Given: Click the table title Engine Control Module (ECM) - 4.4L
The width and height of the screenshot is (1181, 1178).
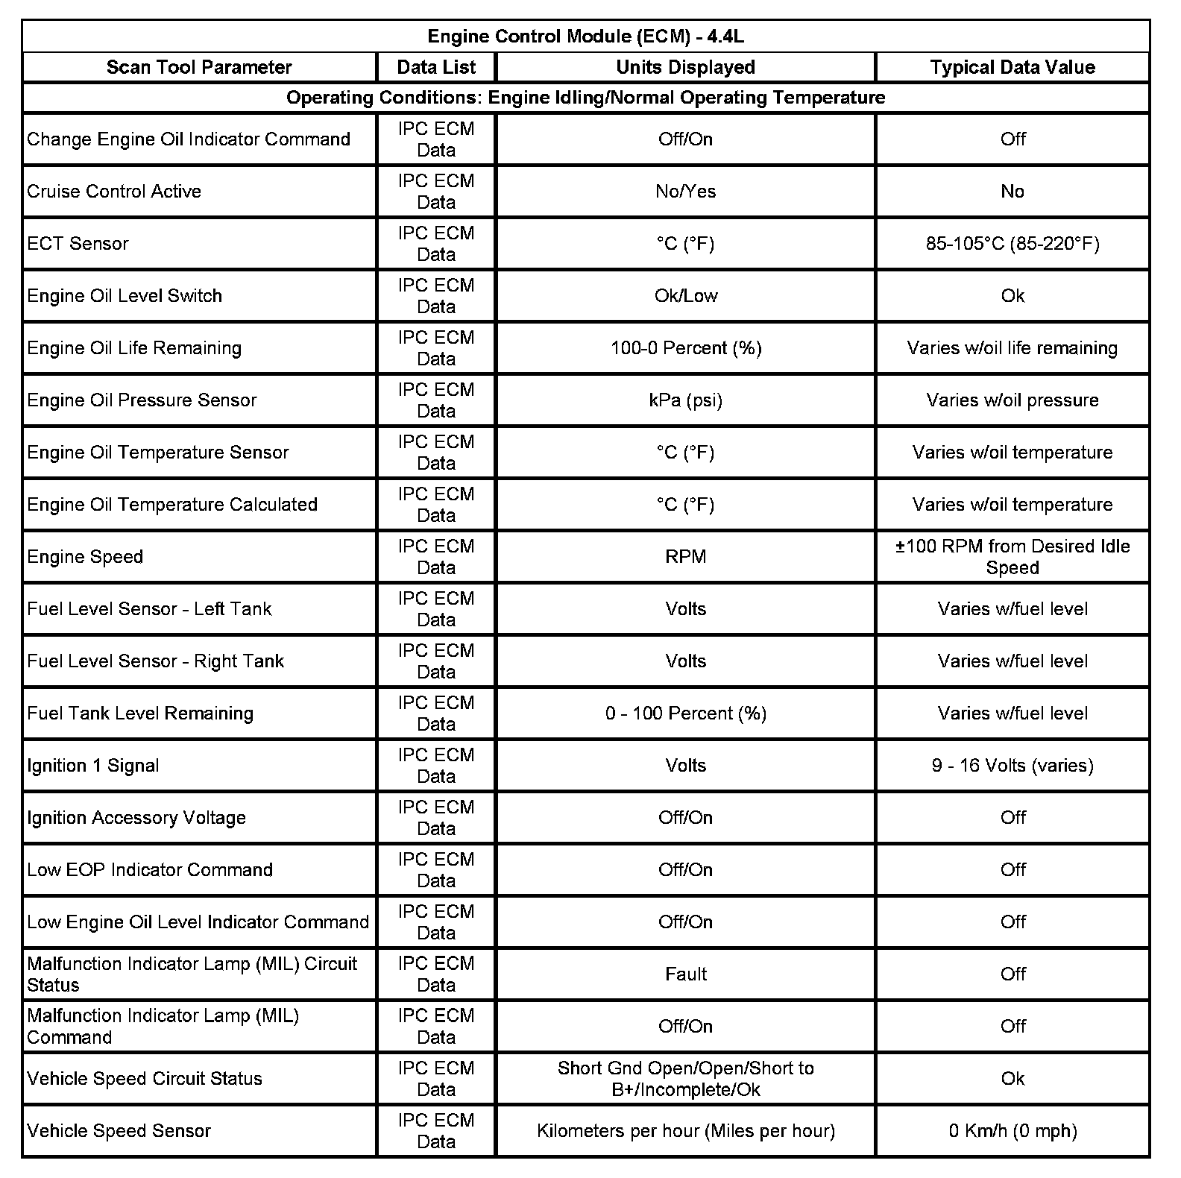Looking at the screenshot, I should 585,37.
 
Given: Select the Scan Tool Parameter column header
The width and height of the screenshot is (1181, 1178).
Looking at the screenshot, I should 199,67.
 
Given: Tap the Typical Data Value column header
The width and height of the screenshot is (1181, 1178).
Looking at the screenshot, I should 1012,67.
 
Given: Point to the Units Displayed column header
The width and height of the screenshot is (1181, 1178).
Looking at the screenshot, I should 685,67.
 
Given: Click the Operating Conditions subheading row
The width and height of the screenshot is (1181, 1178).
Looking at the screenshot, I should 585,98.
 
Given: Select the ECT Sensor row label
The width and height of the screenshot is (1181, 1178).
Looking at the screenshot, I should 78,244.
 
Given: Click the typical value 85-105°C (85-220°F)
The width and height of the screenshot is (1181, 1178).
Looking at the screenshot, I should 1012,244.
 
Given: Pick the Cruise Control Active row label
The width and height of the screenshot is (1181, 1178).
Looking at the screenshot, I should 114,192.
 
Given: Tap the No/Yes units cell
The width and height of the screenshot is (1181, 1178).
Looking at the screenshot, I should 685,192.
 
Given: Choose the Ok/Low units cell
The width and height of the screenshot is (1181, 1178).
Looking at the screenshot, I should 685,296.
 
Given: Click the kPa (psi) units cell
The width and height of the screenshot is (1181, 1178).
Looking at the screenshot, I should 685,400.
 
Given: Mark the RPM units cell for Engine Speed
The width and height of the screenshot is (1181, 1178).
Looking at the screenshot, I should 685,557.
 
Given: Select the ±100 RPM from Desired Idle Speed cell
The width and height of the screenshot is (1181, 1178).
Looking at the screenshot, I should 1012,557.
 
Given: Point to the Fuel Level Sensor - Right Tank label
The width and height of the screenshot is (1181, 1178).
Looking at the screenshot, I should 156,661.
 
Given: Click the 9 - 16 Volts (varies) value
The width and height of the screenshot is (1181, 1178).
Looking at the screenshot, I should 1012,766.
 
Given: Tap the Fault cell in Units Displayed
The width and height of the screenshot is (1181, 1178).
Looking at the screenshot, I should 685,974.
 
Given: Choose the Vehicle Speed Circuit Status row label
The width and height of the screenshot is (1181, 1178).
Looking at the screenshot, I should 145,1079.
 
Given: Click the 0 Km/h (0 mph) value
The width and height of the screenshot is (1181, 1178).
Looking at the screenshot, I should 1012,1131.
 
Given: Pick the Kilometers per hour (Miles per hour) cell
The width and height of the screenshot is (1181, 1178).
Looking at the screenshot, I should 685,1131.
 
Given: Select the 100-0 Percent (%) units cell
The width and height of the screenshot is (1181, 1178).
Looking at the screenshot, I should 685,348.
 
